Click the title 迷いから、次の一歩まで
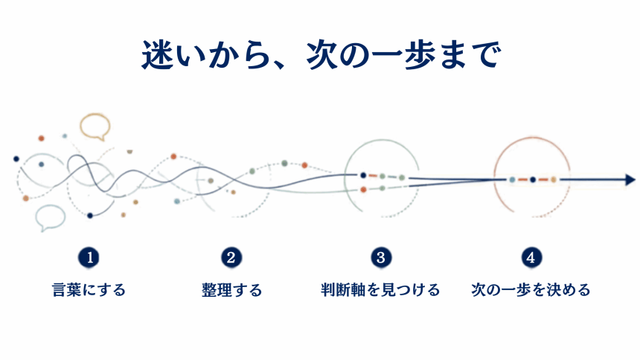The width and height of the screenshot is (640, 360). point(321,55)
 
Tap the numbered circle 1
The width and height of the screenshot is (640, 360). point(89,257)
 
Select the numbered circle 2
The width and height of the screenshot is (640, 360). point(231,257)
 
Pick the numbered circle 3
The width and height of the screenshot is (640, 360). point(381,257)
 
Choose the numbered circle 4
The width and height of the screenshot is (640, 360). point(531,257)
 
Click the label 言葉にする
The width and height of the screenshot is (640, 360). point(89,290)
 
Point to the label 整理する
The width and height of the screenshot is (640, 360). point(231,290)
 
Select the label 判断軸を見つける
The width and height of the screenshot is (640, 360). point(380,290)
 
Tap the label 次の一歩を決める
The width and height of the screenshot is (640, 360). point(531,290)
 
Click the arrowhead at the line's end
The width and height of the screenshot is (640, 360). point(630,179)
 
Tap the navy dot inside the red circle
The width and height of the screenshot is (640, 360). point(533,179)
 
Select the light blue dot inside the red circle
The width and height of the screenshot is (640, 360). point(512,179)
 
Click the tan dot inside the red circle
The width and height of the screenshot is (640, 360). point(554,179)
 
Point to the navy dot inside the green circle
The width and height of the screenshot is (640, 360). point(363,176)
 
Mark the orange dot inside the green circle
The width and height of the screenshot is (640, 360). point(363,190)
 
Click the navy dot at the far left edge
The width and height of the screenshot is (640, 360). point(16,158)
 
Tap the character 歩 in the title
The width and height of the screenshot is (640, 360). point(420,55)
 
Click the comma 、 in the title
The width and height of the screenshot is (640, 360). point(280,65)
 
